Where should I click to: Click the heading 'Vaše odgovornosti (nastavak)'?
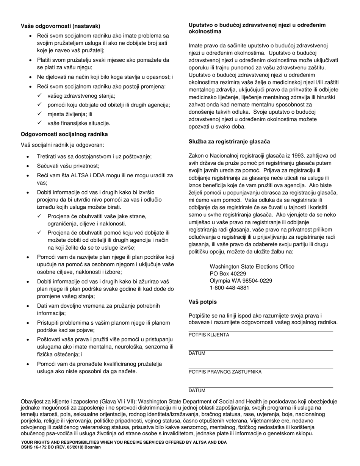[61, 26]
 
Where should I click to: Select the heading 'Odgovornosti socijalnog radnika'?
[64, 134]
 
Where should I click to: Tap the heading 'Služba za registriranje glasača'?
[229, 142]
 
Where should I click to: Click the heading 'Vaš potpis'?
[203, 302]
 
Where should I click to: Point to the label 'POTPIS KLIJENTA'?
[209, 335]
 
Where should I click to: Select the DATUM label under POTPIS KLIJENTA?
[197, 353]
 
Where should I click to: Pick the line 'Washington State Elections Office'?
[252, 267]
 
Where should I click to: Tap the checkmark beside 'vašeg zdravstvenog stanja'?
[40, 96]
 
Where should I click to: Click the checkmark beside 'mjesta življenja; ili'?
[40, 114]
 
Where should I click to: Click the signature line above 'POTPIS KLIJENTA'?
[261, 332]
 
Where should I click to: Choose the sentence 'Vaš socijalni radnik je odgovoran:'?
[62, 145]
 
